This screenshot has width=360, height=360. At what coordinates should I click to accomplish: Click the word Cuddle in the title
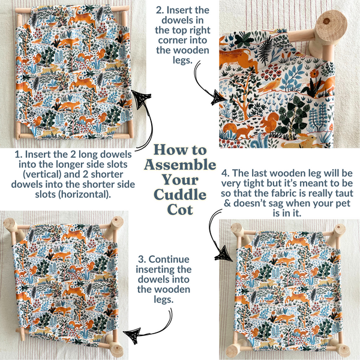coord(180,195)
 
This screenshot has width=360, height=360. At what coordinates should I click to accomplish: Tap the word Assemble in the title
coord(180,165)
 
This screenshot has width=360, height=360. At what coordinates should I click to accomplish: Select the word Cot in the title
coord(180,209)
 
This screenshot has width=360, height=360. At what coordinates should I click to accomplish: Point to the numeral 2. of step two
coord(160,10)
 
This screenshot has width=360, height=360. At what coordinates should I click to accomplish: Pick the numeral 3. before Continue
coord(142,259)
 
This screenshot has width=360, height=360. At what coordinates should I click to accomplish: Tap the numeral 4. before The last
coord(226,173)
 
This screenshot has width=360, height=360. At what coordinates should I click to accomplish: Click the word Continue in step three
coord(169,259)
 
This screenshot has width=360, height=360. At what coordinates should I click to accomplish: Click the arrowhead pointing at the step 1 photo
coord(140,98)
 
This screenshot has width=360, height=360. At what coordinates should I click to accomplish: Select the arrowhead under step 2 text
coord(219,97)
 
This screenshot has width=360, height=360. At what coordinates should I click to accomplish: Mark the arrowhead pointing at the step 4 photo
coord(223,253)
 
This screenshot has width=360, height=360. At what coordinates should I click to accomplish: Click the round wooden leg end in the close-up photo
coord(331,22)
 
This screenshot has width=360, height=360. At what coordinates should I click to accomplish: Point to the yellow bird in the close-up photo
coord(270,85)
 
